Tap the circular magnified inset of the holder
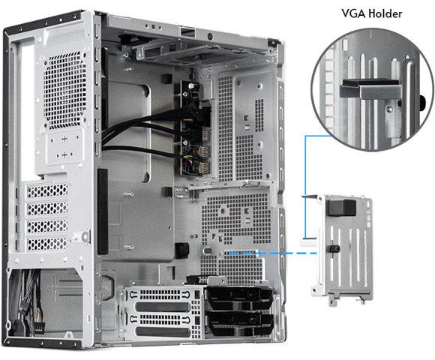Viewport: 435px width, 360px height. [x=373, y=89]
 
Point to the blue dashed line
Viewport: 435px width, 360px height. [x=272, y=253]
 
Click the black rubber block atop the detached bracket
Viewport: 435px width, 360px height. [x=341, y=208]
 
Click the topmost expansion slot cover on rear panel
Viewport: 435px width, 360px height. [x=47, y=190]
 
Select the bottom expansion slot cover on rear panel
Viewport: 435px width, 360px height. [x=47, y=244]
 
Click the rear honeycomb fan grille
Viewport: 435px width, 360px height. [x=64, y=91]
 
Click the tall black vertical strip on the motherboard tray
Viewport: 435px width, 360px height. [x=102, y=211]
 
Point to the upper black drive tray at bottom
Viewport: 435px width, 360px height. [x=239, y=299]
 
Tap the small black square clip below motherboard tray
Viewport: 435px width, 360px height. [x=182, y=250]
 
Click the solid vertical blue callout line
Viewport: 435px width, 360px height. [x=305, y=187]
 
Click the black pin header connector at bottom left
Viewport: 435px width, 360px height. [x=38, y=326]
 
